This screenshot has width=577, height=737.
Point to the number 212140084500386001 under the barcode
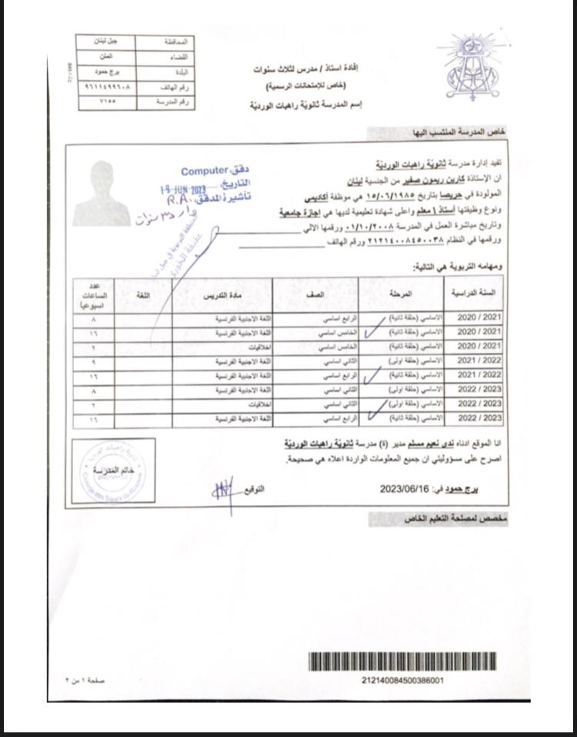tap(402, 681)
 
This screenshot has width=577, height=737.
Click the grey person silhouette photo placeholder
tap(102, 193)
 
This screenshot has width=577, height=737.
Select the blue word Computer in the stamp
tap(205, 171)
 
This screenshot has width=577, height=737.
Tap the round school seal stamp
tap(112, 471)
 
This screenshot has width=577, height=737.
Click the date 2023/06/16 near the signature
tap(405, 488)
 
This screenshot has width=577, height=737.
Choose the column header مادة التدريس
tap(222, 296)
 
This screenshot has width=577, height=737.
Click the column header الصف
tap(315, 295)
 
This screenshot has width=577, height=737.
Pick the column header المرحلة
tap(401, 295)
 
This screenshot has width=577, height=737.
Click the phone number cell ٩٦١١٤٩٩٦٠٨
tap(107, 87)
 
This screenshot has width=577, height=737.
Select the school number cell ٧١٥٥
tap(107, 102)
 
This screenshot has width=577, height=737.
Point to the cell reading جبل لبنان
tap(107, 42)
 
